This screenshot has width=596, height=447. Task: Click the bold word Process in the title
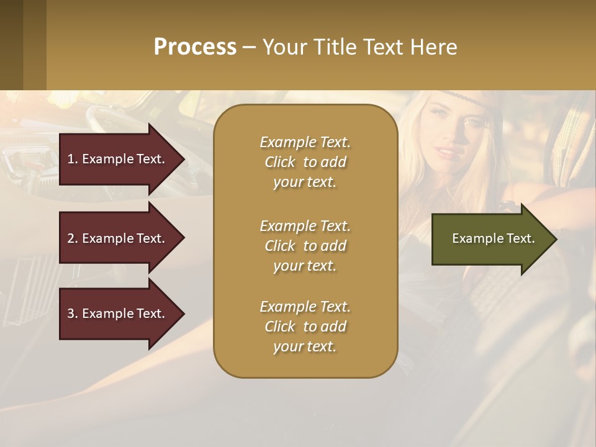coord(195,47)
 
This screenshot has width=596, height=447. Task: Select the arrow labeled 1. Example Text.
coord(118,159)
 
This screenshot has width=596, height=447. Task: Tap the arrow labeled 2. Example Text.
coord(118,238)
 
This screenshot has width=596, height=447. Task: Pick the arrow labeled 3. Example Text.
coord(118,314)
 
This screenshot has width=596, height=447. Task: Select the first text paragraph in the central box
coord(305,162)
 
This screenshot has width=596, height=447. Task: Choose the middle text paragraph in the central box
coord(305,245)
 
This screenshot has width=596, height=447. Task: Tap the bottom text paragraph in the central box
coord(305,327)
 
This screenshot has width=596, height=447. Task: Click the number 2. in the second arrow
coord(73,238)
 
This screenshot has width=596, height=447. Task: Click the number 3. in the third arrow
coord(73,314)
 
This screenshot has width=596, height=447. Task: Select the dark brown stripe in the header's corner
coord(11,45)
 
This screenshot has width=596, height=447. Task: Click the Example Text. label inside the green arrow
coord(493,238)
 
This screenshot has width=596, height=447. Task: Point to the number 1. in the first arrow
coord(73,159)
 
